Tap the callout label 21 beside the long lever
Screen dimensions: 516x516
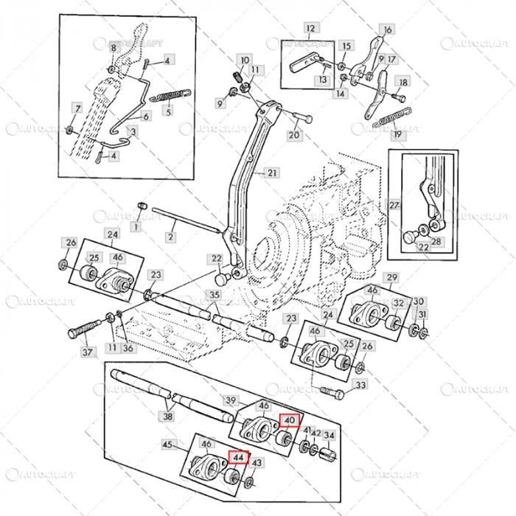coord(273,173)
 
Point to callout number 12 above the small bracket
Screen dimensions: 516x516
coord(310,28)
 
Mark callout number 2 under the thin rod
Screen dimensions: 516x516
coord(170,237)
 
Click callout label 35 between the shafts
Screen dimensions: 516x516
coord(214,296)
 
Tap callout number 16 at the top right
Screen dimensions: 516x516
coord(388,30)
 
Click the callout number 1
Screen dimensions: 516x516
coord(136,226)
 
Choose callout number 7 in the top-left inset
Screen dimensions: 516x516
coord(77,108)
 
